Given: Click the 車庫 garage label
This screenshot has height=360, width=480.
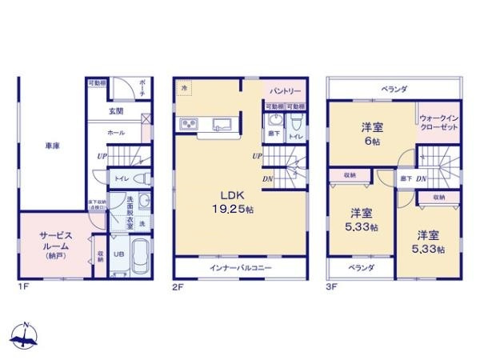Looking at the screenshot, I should pos(53,146).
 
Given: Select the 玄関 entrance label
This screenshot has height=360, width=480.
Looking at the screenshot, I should pos(117,112).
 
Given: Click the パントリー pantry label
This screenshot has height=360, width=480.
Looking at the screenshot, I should pos(284,91).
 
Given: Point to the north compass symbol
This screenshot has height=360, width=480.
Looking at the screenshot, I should pos(26,337).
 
